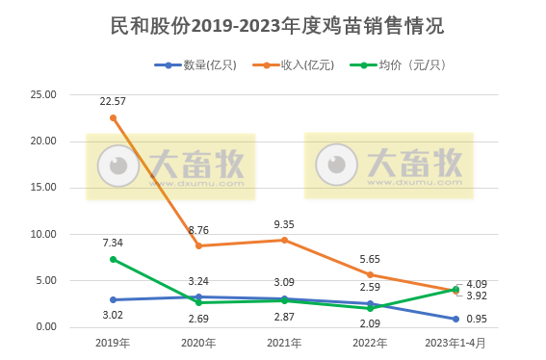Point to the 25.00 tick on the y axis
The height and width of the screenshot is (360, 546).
(x=43, y=94)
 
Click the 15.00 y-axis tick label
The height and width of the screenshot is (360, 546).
(x=43, y=188)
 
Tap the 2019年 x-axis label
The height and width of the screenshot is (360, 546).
(x=113, y=343)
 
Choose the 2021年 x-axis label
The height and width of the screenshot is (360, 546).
(x=283, y=343)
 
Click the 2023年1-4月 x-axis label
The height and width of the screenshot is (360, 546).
(x=455, y=343)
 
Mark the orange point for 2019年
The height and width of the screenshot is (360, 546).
(x=113, y=117)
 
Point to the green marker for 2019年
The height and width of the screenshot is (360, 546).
(x=113, y=259)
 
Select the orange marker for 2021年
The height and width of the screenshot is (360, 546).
(x=283, y=240)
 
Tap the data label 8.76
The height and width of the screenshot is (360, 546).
(x=199, y=229)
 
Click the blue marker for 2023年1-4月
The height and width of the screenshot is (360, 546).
(x=455, y=319)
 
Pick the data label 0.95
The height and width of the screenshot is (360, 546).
(x=477, y=319)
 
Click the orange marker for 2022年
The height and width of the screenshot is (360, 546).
(x=369, y=274)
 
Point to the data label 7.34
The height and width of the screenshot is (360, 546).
(x=114, y=243)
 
